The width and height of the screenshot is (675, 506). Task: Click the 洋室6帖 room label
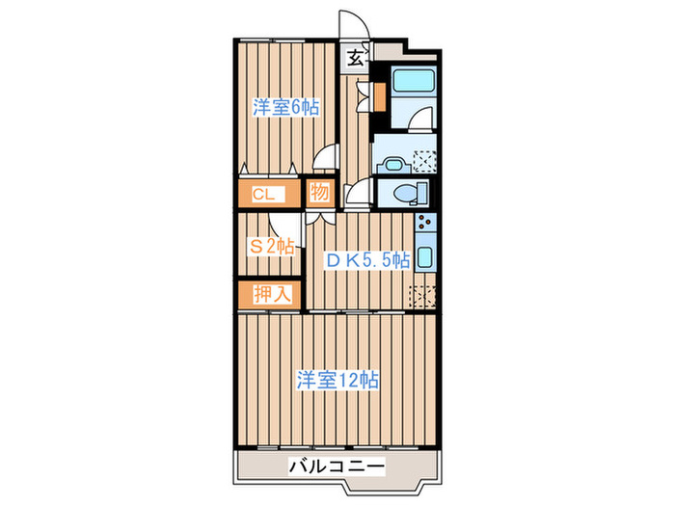(x=285, y=108)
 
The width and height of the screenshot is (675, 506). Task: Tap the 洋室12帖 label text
(x=337, y=380)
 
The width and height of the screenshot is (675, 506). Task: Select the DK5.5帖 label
(x=366, y=259)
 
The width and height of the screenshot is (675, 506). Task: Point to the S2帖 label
(x=272, y=246)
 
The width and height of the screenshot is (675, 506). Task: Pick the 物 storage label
(x=319, y=193)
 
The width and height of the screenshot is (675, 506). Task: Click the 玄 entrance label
(x=355, y=58)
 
